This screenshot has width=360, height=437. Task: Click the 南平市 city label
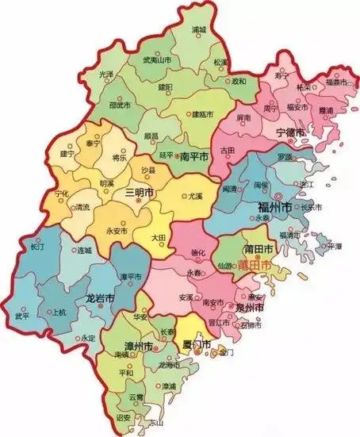[x=194, y=155]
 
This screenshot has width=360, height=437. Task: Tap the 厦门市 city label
[x=195, y=346]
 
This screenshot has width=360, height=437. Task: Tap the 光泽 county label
[x=107, y=74]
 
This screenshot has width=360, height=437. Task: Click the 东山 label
[x=144, y=423]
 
